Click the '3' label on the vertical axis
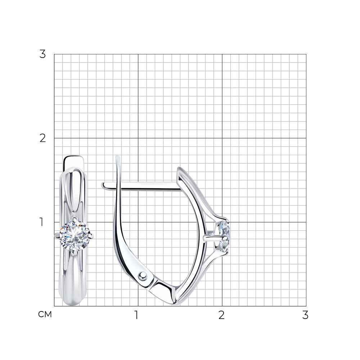(x=43, y=54)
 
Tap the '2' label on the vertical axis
(x=43, y=138)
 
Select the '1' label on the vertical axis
(x=41, y=222)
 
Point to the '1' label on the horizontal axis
(x=136, y=315)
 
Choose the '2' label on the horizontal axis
(x=221, y=315)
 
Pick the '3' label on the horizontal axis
(x=305, y=315)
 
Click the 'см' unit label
(x=45, y=314)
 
